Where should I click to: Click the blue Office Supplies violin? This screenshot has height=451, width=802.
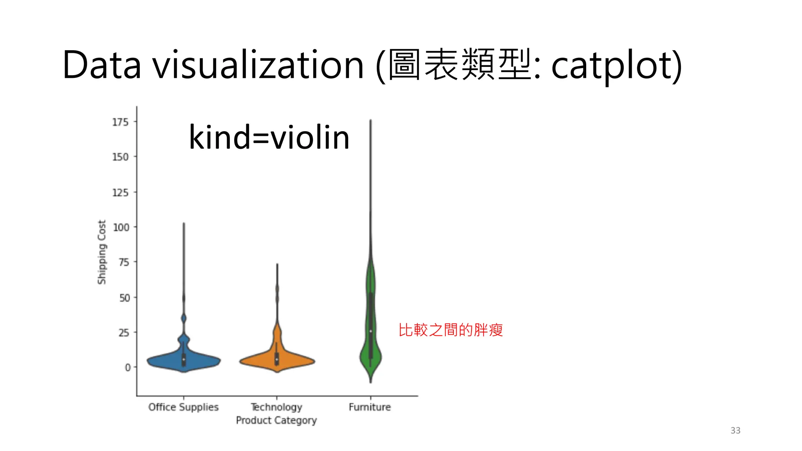click(183, 360)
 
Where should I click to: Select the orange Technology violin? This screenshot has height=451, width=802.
click(277, 360)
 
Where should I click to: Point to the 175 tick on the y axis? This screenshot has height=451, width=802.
click(120, 122)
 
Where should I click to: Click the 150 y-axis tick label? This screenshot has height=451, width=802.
click(120, 157)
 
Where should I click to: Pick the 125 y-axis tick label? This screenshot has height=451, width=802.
click(120, 193)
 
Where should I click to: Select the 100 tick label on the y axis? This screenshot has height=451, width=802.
click(121, 227)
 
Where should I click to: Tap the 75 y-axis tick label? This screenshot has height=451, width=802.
click(124, 262)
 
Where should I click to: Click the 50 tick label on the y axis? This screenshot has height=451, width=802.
click(125, 298)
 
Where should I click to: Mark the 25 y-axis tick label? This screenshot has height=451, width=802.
click(124, 333)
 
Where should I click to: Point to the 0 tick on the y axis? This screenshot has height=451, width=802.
click(128, 368)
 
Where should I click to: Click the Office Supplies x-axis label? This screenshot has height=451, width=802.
click(183, 407)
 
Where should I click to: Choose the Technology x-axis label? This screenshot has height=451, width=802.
click(276, 407)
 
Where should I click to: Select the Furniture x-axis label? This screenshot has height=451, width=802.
click(370, 407)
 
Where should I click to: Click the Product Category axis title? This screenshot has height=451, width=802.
click(276, 420)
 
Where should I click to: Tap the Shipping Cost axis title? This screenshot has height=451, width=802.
click(102, 252)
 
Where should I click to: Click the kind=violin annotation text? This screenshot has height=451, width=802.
click(269, 137)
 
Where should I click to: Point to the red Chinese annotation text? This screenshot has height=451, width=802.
click(450, 330)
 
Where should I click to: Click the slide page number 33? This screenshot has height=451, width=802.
click(735, 430)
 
